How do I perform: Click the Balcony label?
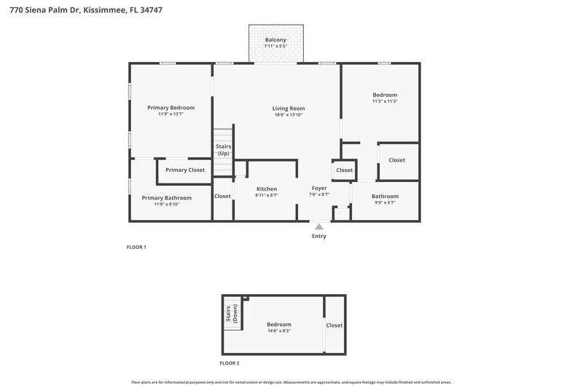pos(275,39)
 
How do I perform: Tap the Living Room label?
pos(289,108)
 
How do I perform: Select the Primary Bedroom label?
pos(171,107)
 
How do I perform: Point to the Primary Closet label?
pos(185,170)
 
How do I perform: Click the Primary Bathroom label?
pos(166,197)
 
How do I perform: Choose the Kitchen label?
pos(266,189)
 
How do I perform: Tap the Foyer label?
pos(319,188)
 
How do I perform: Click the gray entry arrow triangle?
pos(319,227)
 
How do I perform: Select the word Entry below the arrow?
pos(319,236)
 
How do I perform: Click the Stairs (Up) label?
pos(223,149)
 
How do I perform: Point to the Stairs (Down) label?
pos(232,314)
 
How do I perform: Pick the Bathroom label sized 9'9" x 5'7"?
pos(385,196)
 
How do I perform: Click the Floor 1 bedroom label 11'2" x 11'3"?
pos(385,95)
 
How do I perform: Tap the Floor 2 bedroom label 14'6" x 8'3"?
pos(278,324)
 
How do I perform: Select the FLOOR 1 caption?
pos(136,248)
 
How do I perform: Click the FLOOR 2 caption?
pos(230,363)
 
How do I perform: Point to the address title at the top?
pos(82,9)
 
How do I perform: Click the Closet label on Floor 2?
pos(334,325)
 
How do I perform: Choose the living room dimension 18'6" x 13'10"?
pos(289,114)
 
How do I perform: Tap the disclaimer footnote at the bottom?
pos(291,382)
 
